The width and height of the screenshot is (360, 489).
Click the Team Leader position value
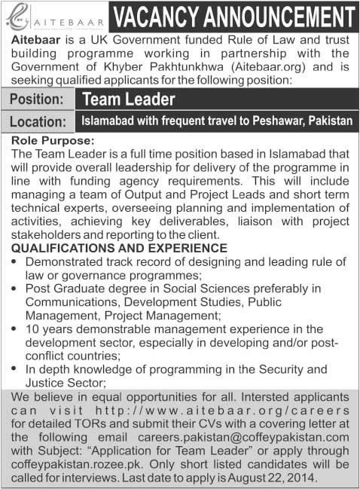pos(129,99)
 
